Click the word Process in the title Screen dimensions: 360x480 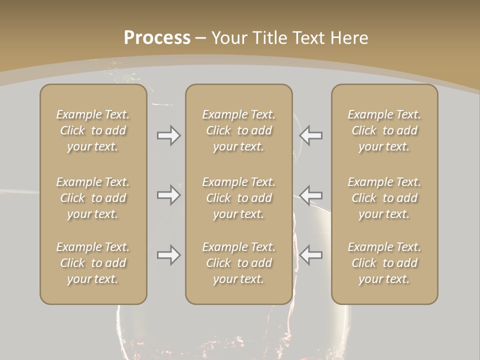pos(157,38)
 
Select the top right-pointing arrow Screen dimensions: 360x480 pos(169,135)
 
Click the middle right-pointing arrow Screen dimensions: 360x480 pos(169,194)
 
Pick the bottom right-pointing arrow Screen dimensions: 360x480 pos(169,255)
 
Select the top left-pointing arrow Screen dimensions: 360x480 pos(311,135)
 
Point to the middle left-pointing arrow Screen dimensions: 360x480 pos(311,194)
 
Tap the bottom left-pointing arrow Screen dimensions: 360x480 pos(311,255)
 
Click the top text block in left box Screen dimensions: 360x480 pos(93,130)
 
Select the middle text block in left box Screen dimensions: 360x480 pos(93,198)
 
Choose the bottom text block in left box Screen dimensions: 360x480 pos(93,263)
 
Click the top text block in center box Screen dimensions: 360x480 pos(238,130)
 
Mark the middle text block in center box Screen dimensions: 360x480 pos(238,198)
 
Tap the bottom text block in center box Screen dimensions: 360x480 pos(238,263)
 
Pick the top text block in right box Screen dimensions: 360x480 pos(384,130)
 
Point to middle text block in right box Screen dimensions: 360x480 pos(384,198)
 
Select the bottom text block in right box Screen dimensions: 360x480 pos(384,263)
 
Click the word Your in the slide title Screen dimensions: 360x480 pos(229,38)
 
